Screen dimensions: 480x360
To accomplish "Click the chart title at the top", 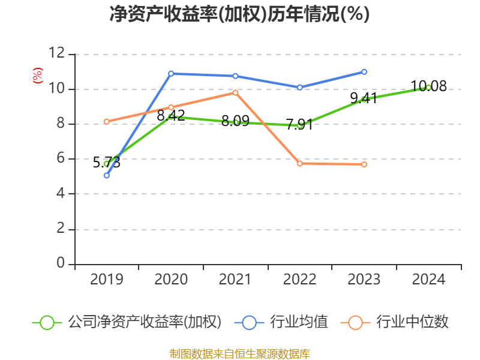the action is (239, 14).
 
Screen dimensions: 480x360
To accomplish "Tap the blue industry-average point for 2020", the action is (171, 73).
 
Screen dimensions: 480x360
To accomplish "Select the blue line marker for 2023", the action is (364, 71).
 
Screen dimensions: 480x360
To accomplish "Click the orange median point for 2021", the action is (235, 92).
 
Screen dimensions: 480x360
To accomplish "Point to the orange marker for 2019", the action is (107, 122).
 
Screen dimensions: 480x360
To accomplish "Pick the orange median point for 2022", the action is (299, 163).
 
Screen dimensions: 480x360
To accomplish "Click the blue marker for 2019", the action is (107, 175).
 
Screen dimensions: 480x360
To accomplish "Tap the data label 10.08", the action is (428, 86).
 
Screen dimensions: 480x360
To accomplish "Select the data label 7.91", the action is (299, 124).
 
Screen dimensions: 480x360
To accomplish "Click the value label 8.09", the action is (235, 121).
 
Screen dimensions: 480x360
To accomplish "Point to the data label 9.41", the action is (364, 98).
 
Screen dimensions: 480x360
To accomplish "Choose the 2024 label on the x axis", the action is (428, 279).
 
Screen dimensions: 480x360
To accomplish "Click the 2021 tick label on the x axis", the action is (235, 279).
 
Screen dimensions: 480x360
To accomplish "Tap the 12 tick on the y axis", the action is (57, 53).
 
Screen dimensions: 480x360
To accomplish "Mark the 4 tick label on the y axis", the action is (61, 193).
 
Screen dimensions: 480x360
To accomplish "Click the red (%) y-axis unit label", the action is (38, 76).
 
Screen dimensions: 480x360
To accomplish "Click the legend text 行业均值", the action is (299, 322).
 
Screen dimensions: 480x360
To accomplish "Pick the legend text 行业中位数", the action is (412, 322).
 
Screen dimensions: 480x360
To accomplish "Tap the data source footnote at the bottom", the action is (240, 354).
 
